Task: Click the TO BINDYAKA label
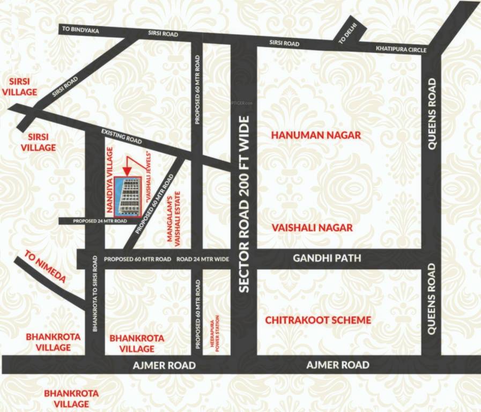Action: pos(81,31)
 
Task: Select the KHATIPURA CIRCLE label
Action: pos(401,49)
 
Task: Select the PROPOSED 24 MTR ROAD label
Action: pos(93,221)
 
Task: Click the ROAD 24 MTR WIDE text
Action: pos(203,259)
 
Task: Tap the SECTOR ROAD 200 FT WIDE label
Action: pos(245,204)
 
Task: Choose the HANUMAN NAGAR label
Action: pos(315,135)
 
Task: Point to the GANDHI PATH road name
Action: pos(327,259)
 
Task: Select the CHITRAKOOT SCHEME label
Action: pos(318,320)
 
